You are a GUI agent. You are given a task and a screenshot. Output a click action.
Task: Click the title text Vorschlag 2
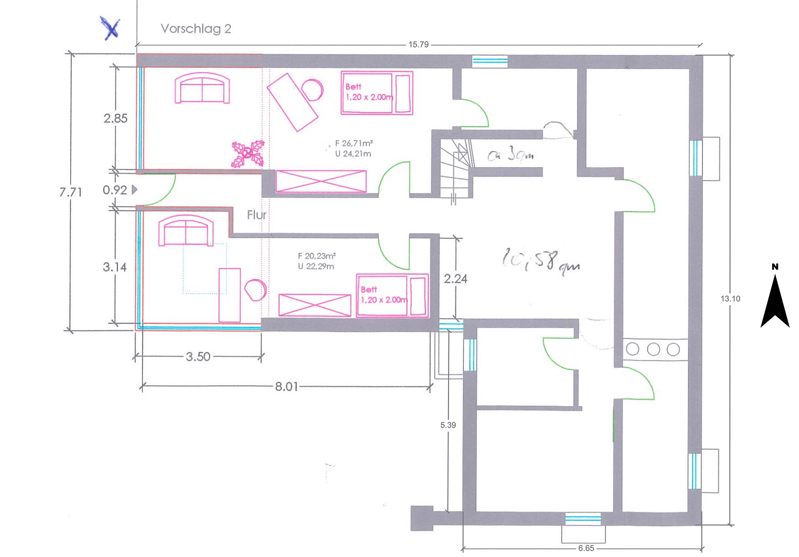coord(196,29)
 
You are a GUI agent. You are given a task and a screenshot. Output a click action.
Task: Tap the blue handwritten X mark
coord(110,28)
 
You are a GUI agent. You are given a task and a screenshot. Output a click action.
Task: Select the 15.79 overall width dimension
coord(418,45)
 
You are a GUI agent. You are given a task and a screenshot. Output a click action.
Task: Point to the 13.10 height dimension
coord(730,299)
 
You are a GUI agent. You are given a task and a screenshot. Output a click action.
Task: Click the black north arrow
coord(775,302)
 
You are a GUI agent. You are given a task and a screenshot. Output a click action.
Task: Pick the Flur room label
coord(257,215)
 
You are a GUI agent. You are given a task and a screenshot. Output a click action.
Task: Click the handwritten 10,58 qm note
coord(540,259)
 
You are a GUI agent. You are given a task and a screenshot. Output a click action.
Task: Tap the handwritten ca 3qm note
coord(510,154)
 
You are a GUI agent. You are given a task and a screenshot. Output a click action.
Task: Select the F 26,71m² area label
coord(354,144)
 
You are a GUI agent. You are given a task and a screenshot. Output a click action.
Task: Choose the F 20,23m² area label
coord(316,256)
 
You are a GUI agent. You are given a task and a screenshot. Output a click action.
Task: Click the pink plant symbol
coord(248,154)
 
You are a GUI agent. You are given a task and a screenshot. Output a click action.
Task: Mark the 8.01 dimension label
coord(286,387)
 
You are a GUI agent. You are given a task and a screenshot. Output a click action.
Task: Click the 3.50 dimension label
coord(198,357)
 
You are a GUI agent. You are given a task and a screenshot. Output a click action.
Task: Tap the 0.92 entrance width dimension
coord(115,190)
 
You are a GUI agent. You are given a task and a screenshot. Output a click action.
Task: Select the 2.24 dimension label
coord(455,279)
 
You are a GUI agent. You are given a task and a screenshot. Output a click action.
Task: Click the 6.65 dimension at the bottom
coord(586,548)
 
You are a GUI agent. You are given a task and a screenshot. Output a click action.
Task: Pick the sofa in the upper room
coord(202,89)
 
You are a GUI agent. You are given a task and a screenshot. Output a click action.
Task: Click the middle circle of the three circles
coord(653,350)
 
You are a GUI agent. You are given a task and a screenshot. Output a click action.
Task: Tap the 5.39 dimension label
coord(448,425)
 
